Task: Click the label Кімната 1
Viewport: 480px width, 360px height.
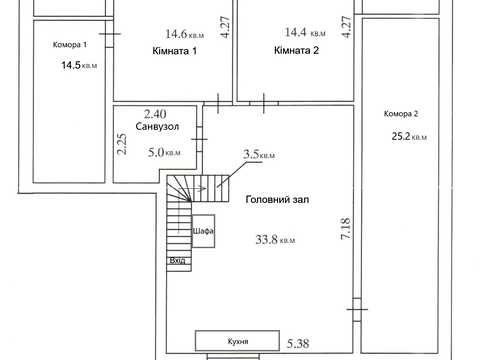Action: [174, 51]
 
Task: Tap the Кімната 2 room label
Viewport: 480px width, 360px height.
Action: [296, 50]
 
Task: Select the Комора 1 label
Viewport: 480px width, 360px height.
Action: [70, 44]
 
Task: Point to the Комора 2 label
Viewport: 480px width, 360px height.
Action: [401, 114]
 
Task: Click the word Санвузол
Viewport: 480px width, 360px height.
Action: [157, 127]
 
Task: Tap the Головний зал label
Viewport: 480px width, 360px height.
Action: [277, 199]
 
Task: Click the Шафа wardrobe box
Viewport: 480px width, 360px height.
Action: [203, 231]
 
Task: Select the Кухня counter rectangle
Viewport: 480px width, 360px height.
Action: [237, 341]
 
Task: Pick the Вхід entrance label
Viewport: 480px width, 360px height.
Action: [177, 260]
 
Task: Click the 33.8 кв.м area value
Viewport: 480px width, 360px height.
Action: [275, 239]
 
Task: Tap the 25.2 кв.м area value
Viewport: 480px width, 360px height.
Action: [409, 136]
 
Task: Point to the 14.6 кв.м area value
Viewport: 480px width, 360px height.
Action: [185, 34]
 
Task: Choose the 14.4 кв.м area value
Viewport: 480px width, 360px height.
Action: [305, 32]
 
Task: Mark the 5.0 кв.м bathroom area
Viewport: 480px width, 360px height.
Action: [164, 152]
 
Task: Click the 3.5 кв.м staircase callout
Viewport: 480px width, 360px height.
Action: [259, 154]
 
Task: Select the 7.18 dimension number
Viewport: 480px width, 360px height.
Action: [345, 228]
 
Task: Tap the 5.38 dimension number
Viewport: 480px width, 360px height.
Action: [298, 343]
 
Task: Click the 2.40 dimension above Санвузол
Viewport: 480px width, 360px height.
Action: [155, 114]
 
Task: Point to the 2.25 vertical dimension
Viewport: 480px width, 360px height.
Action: [122, 144]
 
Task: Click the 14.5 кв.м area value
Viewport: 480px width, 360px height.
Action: [79, 65]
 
